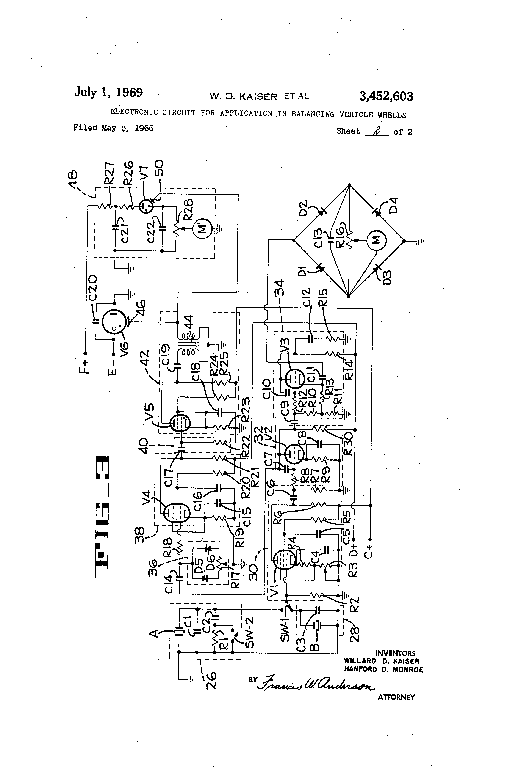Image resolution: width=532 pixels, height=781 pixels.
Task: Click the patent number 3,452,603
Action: pos(386,96)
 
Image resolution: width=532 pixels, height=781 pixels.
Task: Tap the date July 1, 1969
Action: pos(108,92)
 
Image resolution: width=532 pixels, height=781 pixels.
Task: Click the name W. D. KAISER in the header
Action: pos(243,97)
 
